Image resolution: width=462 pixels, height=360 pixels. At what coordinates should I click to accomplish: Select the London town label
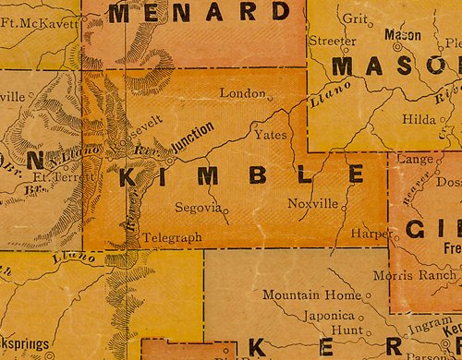coord(242,93)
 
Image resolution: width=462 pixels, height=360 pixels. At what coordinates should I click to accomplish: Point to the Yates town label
coord(269,135)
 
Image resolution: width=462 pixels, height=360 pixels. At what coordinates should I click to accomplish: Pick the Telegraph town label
coord(172,237)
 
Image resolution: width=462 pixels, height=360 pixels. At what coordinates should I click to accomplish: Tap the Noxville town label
coord(313,204)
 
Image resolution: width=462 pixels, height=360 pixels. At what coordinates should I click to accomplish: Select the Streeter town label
coord(332,41)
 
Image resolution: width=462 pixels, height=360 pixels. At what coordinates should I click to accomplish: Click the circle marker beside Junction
coord(170,157)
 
